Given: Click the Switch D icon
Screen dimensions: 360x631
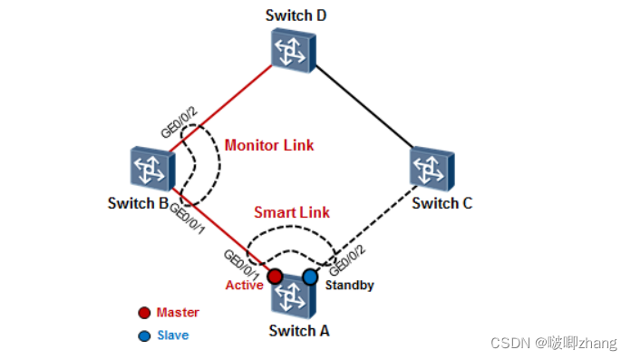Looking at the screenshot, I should point(295,49).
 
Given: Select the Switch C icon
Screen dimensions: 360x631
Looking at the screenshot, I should point(432,168).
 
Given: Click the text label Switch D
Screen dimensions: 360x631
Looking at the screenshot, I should point(296,15).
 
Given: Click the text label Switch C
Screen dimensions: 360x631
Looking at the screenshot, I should point(442,203).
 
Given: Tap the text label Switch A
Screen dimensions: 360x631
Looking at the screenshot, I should point(299,330).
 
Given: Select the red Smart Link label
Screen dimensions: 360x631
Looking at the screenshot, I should point(291,212).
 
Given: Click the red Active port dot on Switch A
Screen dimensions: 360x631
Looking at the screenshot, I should point(273,276).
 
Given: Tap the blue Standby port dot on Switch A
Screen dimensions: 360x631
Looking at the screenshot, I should point(310,276).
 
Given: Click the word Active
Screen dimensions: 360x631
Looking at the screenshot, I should point(243,286).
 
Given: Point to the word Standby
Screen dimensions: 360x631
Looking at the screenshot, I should point(350,285).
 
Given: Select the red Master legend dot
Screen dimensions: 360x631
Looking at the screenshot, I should point(144,313).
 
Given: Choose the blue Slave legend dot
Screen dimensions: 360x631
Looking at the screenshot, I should point(144,336).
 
